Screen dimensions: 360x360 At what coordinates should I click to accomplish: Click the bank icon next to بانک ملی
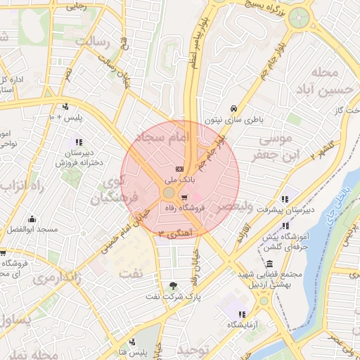[179, 169]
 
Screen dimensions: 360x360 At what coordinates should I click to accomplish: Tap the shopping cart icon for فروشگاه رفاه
[184, 198]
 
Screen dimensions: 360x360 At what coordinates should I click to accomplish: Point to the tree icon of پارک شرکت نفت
[174, 285]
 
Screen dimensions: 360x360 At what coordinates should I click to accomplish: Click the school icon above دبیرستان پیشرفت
[285, 199]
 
